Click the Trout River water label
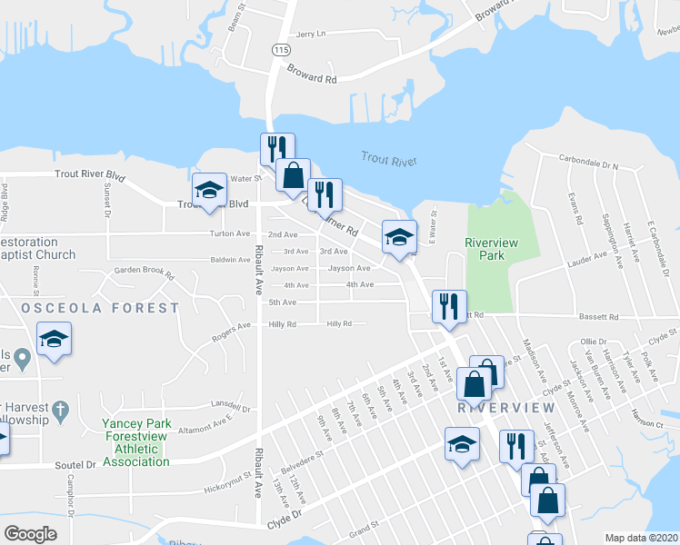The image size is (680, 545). click(x=389, y=161)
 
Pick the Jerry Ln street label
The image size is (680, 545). click(x=310, y=34)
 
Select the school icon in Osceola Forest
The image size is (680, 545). click(x=55, y=339)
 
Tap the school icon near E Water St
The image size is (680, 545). click(x=398, y=236)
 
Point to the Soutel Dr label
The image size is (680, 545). click(x=77, y=464)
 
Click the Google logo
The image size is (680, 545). click(x=31, y=534)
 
